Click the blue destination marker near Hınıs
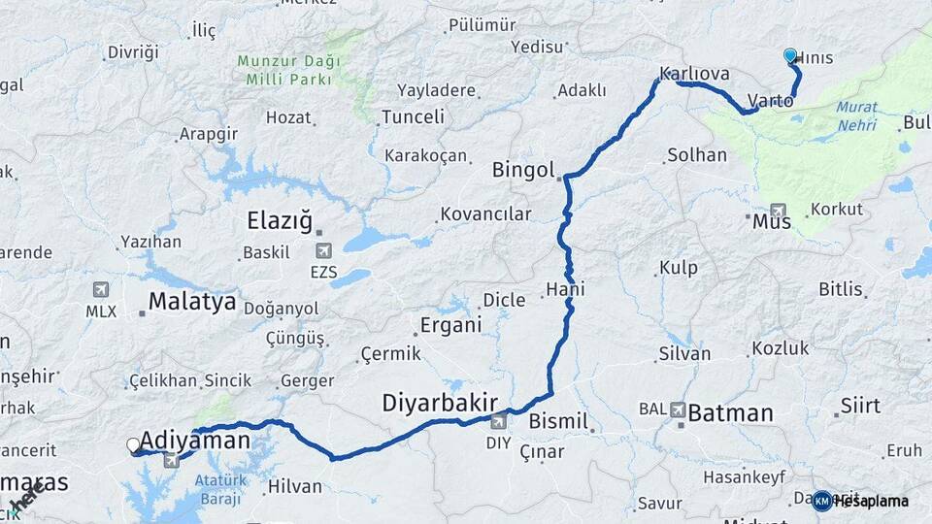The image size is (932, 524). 790,56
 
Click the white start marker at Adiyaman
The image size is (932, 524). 133,445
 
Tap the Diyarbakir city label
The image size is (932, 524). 440,402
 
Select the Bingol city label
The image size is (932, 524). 522,170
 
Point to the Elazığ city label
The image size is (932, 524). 280,220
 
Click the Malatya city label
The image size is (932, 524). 192,302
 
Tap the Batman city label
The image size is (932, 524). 730,413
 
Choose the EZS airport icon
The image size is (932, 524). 323,251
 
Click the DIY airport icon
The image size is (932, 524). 499,421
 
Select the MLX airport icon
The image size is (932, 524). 101,290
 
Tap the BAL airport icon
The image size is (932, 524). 677,409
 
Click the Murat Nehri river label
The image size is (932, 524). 855,116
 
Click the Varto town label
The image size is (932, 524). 772,101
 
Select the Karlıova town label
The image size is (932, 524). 694,74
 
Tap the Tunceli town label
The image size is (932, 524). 413,116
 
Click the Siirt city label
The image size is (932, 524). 860,405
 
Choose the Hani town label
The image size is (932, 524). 566,289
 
